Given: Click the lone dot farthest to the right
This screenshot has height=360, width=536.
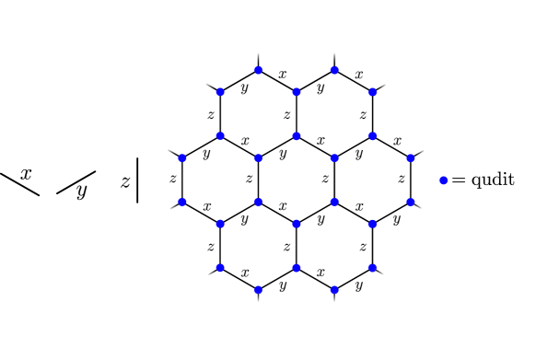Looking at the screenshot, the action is [443, 180].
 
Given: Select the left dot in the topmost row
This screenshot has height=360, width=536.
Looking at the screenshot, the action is [258, 70].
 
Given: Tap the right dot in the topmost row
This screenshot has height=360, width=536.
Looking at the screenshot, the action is [334, 70].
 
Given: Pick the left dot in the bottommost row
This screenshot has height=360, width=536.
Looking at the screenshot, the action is [258, 289].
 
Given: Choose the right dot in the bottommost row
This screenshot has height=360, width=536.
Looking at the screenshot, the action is [334, 289].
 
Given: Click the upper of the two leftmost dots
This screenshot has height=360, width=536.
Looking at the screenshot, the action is [182, 158].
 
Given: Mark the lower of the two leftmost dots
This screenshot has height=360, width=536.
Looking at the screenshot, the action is [182, 202].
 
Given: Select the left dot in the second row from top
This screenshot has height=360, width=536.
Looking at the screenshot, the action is [220, 92].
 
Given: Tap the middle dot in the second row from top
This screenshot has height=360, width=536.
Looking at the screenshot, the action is [297, 92].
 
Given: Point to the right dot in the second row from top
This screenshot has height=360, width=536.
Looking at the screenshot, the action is [372, 92].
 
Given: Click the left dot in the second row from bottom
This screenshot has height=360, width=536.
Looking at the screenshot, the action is [220, 268].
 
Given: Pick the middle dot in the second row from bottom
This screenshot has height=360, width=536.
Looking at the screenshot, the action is [297, 268].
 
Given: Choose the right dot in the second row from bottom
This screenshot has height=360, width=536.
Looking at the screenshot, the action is [372, 268].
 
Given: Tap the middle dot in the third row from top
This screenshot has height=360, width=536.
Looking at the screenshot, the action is [297, 136].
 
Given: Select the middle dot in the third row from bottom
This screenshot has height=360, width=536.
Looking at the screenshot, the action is [297, 224].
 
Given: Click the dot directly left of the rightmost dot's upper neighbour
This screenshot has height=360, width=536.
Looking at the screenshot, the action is [334, 158].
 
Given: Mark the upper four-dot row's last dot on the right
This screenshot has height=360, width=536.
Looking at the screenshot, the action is [410, 158].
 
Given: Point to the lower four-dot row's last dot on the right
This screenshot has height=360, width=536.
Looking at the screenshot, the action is [410, 202].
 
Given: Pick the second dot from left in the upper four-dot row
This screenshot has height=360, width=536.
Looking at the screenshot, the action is [258, 158].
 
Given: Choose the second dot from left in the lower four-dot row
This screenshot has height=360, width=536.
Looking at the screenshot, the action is [258, 202].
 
